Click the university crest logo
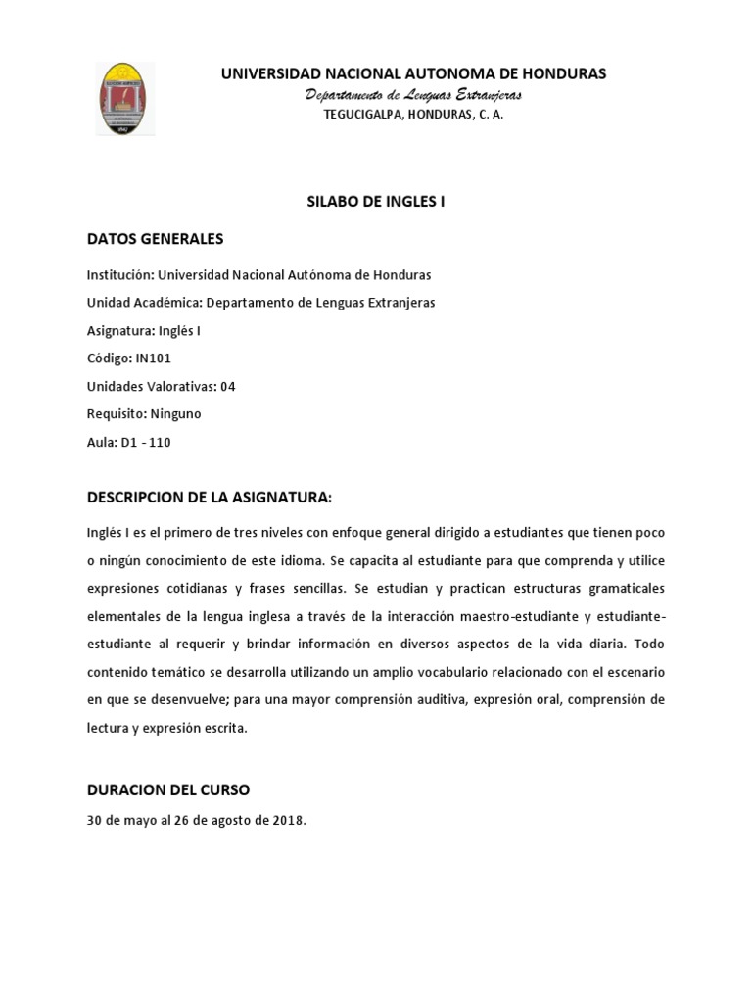[x=126, y=99]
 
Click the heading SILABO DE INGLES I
[x=371, y=201]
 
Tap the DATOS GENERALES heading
[x=155, y=238]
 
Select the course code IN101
[x=154, y=358]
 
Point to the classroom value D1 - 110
[x=145, y=442]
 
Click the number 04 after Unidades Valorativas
[x=228, y=386]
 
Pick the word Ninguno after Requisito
[x=175, y=413]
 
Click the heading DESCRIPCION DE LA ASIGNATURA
[x=210, y=498]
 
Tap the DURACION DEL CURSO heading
[x=168, y=789]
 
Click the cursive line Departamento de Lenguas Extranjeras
[x=413, y=95]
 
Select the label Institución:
[x=120, y=275]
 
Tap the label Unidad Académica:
[x=145, y=303]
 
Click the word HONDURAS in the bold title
[x=559, y=73]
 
